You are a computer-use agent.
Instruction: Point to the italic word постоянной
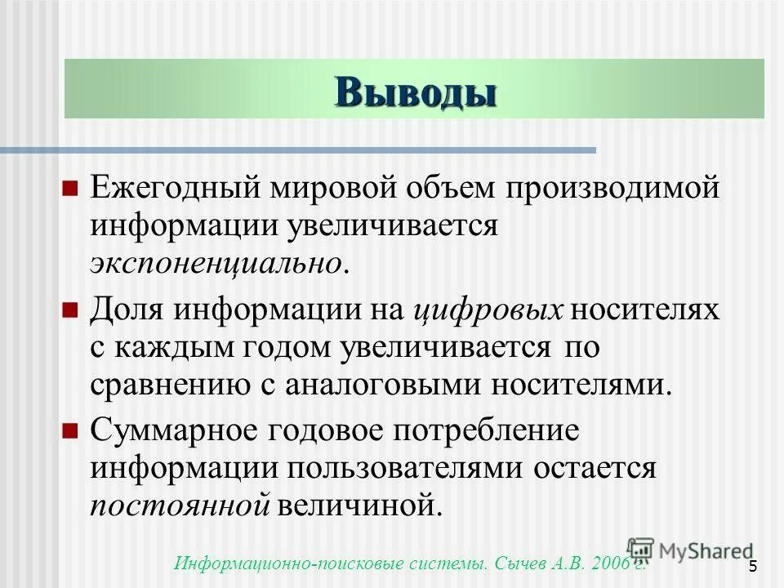pyautogui.click(x=180, y=506)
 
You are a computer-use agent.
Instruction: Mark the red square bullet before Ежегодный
pyautogui.click(x=70, y=189)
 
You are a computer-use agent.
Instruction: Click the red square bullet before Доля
pyautogui.click(x=70, y=310)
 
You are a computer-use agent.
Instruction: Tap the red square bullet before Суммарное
pyautogui.click(x=70, y=431)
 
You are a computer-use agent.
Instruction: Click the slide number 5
pyautogui.click(x=752, y=567)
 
